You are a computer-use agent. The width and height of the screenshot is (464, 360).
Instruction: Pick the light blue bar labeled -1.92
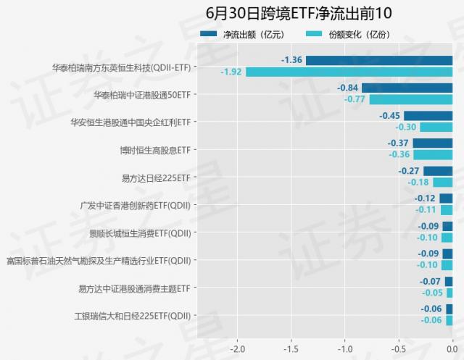349,72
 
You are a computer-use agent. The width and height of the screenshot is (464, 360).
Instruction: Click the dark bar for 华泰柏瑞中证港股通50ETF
407,88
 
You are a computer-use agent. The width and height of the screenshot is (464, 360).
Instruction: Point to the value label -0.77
355,99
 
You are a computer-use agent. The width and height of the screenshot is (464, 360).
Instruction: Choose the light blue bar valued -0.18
442,183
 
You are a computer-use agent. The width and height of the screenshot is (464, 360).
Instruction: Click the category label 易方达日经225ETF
155,177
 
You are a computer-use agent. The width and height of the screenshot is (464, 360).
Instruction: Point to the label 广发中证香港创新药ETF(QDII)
135,205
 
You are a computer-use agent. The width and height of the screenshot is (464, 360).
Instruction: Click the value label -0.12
425,198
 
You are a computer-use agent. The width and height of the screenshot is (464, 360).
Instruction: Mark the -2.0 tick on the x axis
237,347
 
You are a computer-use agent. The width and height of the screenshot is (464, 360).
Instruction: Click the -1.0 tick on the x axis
345,347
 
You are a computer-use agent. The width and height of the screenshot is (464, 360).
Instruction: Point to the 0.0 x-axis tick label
452,347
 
